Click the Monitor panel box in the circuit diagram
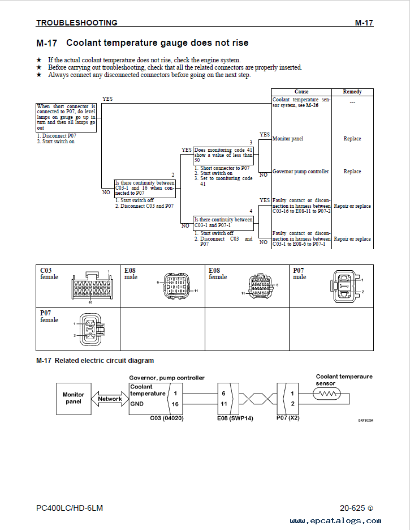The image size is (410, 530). click(x=74, y=399)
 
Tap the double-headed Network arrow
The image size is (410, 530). click(x=110, y=399)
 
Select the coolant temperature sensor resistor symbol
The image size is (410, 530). click(x=327, y=394)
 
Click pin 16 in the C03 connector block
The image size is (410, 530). click(x=175, y=404)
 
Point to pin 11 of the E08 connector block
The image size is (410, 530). click(x=224, y=404)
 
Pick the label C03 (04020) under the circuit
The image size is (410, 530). click(x=167, y=418)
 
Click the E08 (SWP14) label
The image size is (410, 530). click(x=235, y=418)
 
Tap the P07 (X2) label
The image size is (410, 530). click(x=288, y=418)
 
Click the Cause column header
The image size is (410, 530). click(x=301, y=92)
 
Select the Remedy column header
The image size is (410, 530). click(x=352, y=92)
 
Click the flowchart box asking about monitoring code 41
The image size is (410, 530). click(x=223, y=155)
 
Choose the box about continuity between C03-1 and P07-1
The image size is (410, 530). click(x=223, y=223)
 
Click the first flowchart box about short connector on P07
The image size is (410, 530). click(x=66, y=117)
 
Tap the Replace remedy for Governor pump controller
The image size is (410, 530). click(x=352, y=172)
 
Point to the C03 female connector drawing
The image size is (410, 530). click(x=92, y=286)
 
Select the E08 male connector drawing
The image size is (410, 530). click(x=176, y=285)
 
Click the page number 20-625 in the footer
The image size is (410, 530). click(x=353, y=508)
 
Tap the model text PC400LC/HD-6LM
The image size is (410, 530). click(x=70, y=508)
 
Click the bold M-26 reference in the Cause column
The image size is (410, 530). click(x=312, y=105)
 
